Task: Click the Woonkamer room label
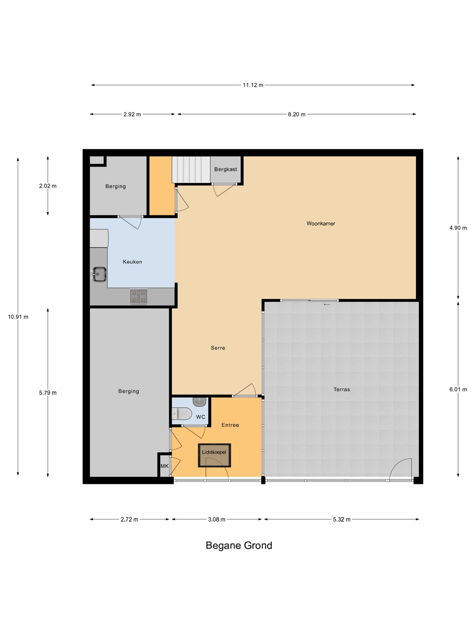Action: click(321, 224)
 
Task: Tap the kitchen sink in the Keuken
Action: click(99, 274)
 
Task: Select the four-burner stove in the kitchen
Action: click(139, 296)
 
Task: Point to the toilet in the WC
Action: click(182, 414)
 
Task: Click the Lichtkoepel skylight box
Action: click(214, 455)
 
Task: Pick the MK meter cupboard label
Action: click(164, 466)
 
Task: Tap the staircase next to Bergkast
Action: click(191, 170)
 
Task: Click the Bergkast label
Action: click(226, 169)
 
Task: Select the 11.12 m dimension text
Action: click(253, 85)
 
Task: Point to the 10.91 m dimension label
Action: click(18, 317)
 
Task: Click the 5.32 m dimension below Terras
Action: click(341, 520)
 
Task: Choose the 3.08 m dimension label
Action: click(216, 520)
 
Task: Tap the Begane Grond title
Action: click(239, 546)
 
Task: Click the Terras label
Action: click(341, 389)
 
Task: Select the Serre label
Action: click(218, 348)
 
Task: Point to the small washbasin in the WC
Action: click(200, 402)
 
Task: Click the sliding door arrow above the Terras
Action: click(326, 304)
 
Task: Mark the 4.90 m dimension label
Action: click(458, 228)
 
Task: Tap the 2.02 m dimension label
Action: click(48, 186)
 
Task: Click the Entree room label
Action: click(230, 425)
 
